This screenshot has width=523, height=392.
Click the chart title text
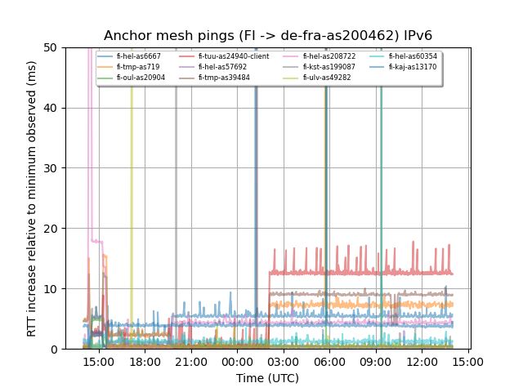(x=267, y=36)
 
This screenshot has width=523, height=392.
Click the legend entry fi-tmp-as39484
(x=224, y=78)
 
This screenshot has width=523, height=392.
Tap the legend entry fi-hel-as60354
(x=413, y=56)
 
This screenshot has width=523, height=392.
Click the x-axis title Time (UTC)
(x=267, y=378)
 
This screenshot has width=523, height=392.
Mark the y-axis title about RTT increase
(x=32, y=198)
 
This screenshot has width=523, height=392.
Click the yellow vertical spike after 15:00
(x=132, y=204)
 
